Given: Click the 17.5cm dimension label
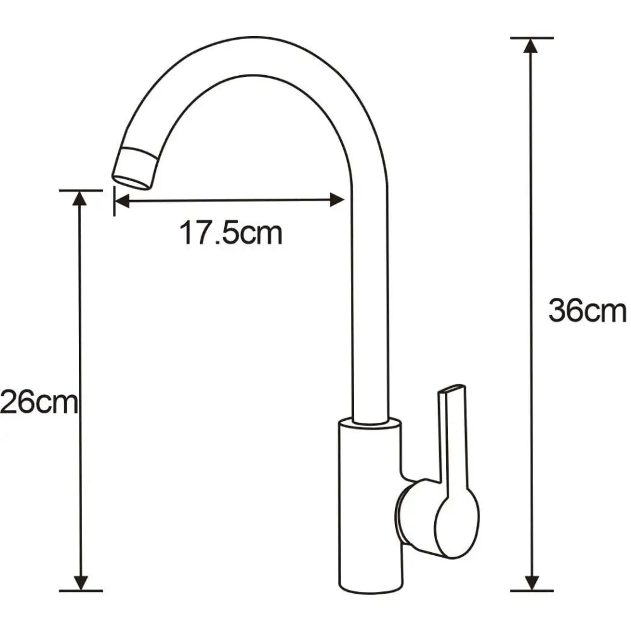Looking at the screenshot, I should [x=231, y=233].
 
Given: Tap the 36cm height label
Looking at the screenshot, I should [x=587, y=311].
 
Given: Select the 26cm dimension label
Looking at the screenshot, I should [x=39, y=403].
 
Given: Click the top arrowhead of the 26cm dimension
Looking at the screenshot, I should [x=80, y=198].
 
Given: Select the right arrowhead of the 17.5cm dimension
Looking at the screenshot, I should [x=337, y=200].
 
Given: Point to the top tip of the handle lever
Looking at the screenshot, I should [x=452, y=387].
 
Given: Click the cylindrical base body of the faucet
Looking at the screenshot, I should [x=369, y=505].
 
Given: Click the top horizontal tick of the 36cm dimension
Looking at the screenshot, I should [x=532, y=38].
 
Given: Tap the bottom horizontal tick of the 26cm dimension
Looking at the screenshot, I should [x=80, y=591].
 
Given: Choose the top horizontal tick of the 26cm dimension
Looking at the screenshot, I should [x=80, y=190].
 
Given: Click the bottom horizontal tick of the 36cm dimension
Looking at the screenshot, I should [x=532, y=591].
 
